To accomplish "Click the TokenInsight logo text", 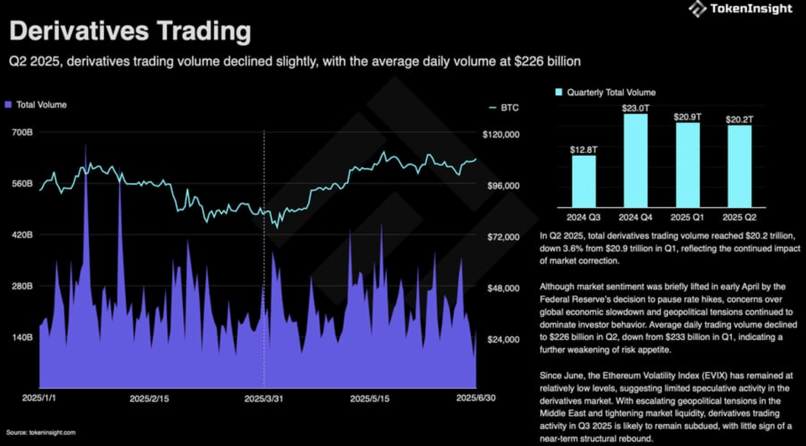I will click(x=751, y=9).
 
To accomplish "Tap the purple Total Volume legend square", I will click(x=8, y=105).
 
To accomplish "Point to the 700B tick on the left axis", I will click(x=22, y=132).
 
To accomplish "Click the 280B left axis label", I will click(x=22, y=286).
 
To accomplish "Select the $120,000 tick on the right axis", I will click(x=501, y=135).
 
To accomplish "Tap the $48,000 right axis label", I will click(x=503, y=288).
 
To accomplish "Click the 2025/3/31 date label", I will click(x=264, y=399).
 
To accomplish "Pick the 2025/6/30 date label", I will click(x=475, y=398).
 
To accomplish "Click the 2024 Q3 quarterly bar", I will click(x=583, y=181).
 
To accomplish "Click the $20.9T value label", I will click(x=687, y=117).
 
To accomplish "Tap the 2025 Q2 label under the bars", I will click(x=739, y=217).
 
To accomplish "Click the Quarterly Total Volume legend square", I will click(x=559, y=92).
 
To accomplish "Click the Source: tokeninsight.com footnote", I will click(x=41, y=433).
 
